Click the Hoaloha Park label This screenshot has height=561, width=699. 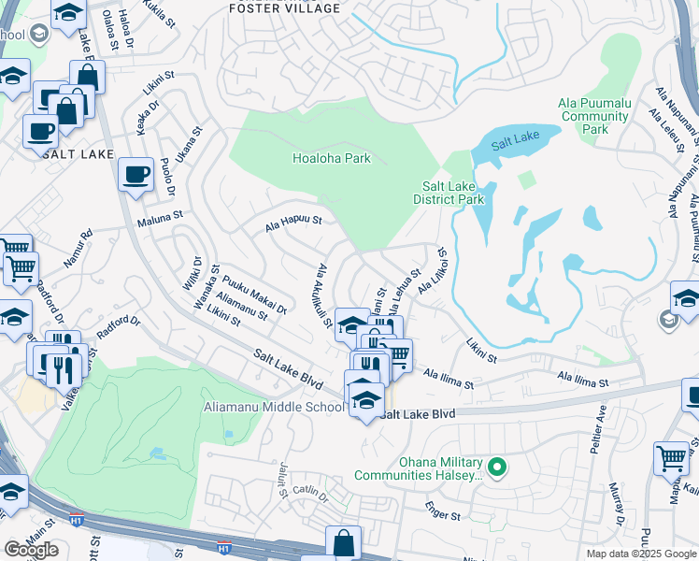point(331,158)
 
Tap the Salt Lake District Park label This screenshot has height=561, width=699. point(449,193)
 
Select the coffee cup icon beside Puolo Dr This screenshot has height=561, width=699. point(136,174)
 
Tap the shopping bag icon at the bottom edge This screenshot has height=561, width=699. point(343,542)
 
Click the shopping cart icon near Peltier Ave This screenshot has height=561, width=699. point(671,458)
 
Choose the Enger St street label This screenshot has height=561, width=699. point(443,515)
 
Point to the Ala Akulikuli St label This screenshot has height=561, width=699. point(324,295)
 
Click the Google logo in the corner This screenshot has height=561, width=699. point(31,549)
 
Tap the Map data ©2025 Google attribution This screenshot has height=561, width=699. point(640,554)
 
